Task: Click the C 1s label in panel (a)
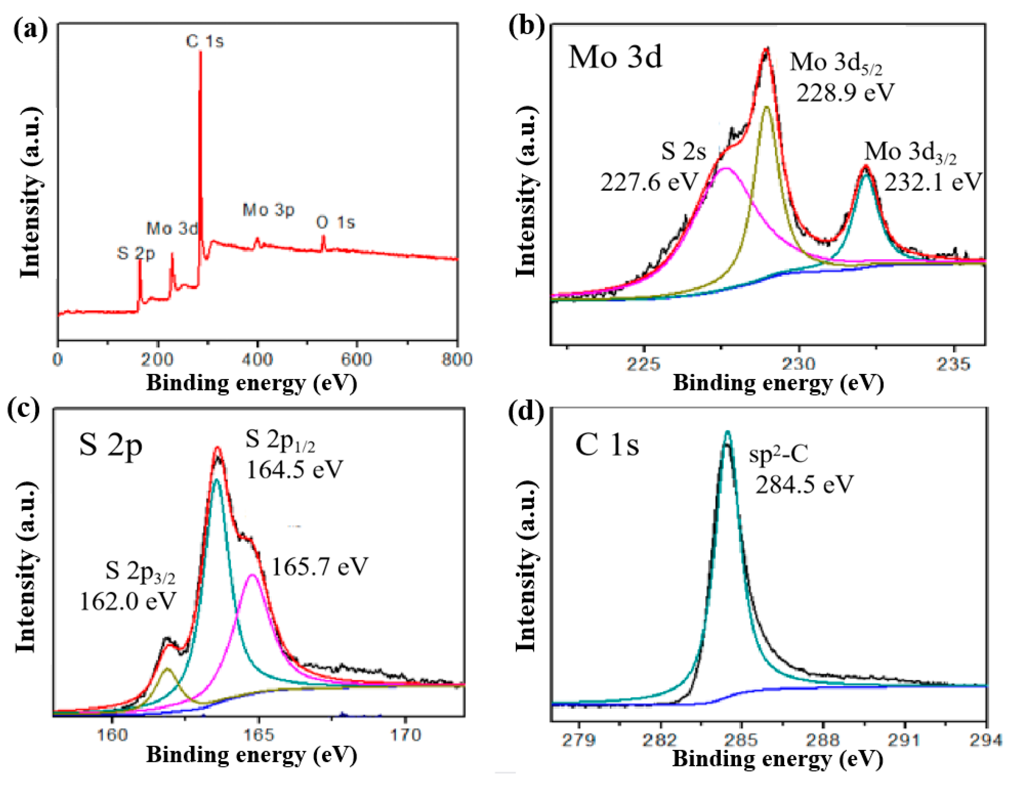(205, 41)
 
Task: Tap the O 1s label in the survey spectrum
(335, 223)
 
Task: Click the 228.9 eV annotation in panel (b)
(845, 92)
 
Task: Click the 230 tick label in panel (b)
(799, 364)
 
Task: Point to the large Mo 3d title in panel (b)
(615, 58)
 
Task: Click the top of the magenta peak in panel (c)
(252, 575)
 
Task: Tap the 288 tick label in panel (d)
(823, 739)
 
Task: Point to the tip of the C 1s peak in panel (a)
(200, 52)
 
